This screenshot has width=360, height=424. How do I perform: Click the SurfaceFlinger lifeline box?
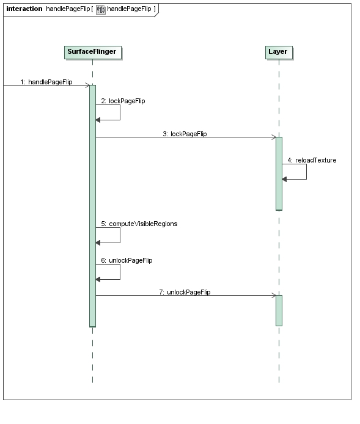93,53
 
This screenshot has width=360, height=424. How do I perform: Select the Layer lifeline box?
279,53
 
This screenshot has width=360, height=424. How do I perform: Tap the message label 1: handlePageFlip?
46,82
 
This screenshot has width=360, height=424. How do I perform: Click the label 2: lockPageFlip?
123,101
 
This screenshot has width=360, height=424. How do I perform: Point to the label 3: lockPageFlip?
185,134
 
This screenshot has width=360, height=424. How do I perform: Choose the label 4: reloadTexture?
312,160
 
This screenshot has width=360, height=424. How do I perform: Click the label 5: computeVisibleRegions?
139,224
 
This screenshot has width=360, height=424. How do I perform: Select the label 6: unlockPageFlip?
127,260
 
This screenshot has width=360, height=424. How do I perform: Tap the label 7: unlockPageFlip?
185,292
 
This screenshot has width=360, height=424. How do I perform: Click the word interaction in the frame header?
24,9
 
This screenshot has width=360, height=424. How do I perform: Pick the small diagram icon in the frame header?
101,9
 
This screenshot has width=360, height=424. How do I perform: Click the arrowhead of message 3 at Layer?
274,137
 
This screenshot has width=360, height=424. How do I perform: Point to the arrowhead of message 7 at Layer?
274,295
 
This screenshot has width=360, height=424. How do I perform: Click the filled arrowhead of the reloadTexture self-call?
284,179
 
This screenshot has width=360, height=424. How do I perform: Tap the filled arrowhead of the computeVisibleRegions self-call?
98,243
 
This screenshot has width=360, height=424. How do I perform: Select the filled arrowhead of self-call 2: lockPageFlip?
98,120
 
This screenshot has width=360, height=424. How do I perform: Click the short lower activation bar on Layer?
279,311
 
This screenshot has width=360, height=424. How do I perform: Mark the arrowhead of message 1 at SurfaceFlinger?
87,85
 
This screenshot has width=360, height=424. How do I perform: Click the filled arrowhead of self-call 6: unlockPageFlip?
98,279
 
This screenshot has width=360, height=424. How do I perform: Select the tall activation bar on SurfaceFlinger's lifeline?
92,206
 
